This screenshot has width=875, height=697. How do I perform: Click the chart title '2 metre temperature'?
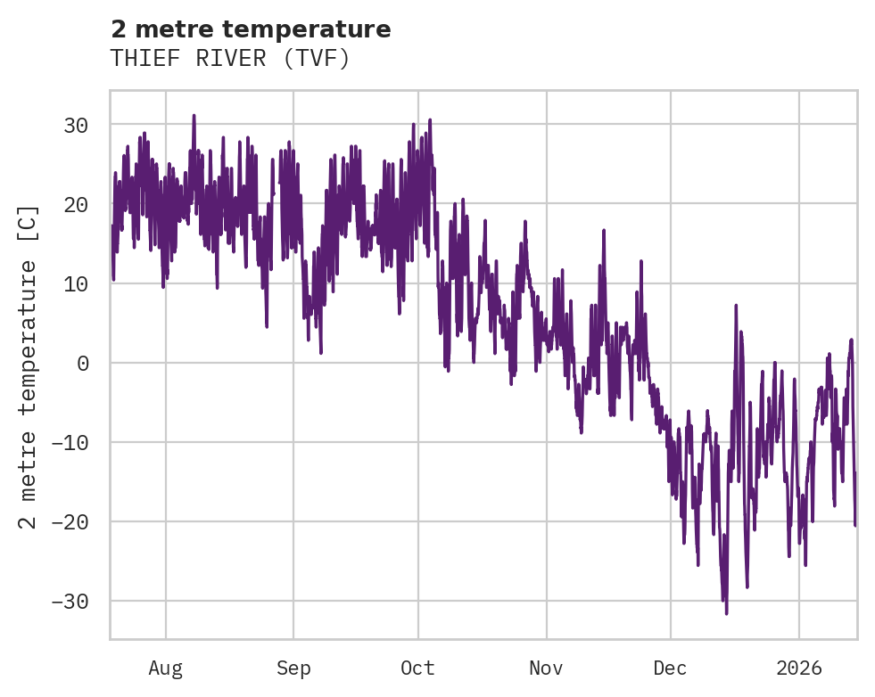[251, 30]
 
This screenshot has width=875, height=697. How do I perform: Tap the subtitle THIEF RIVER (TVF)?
[229, 59]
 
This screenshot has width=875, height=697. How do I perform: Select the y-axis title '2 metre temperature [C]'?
[29, 367]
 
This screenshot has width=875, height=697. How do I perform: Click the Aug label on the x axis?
[165, 668]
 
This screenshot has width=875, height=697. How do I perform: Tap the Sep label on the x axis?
[293, 668]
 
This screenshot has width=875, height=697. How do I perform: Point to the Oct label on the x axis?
[417, 668]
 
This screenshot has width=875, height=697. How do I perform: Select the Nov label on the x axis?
[546, 668]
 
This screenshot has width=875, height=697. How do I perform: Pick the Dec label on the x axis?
[670, 668]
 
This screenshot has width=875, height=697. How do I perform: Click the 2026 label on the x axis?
[798, 668]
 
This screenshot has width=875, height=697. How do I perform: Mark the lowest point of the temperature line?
[726, 613]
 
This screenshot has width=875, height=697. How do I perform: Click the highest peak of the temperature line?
[193, 115]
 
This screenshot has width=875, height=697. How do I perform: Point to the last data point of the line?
[855, 525]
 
